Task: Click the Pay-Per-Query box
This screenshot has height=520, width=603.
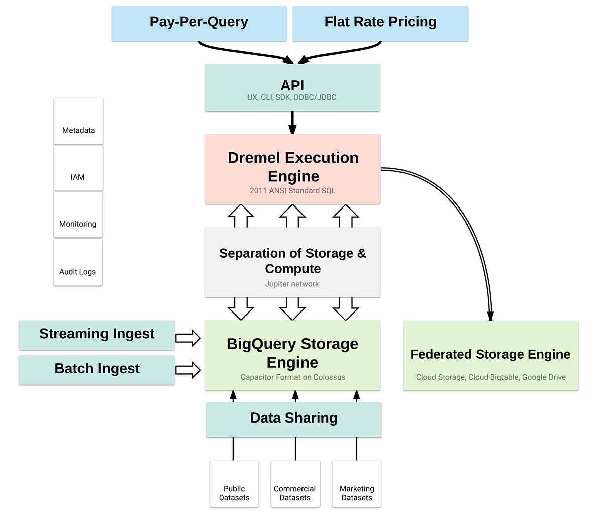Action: (199, 23)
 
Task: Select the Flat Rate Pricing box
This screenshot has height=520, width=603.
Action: (380, 23)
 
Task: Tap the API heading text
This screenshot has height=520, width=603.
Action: (292, 85)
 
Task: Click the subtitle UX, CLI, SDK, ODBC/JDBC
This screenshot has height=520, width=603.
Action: (292, 97)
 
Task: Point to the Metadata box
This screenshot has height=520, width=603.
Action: (78, 121)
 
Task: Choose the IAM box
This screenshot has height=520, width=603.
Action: (78, 168)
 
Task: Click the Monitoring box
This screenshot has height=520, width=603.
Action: (78, 215)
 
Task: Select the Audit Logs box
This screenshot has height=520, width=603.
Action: (78, 263)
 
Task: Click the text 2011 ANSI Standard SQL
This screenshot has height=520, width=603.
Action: (292, 191)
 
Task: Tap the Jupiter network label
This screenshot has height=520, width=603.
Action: (292, 284)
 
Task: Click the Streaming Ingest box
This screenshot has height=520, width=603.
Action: (96, 335)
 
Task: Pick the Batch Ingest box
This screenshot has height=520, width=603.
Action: (96, 370)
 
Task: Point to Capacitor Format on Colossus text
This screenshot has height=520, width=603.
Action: (292, 377)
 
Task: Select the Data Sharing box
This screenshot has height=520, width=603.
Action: (293, 419)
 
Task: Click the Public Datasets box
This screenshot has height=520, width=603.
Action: (234, 484)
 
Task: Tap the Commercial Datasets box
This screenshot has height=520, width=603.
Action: (295, 484)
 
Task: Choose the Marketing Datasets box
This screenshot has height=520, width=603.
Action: (357, 484)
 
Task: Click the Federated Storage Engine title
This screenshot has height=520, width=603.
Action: (490, 354)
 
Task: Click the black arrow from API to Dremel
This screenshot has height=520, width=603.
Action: (292, 123)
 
